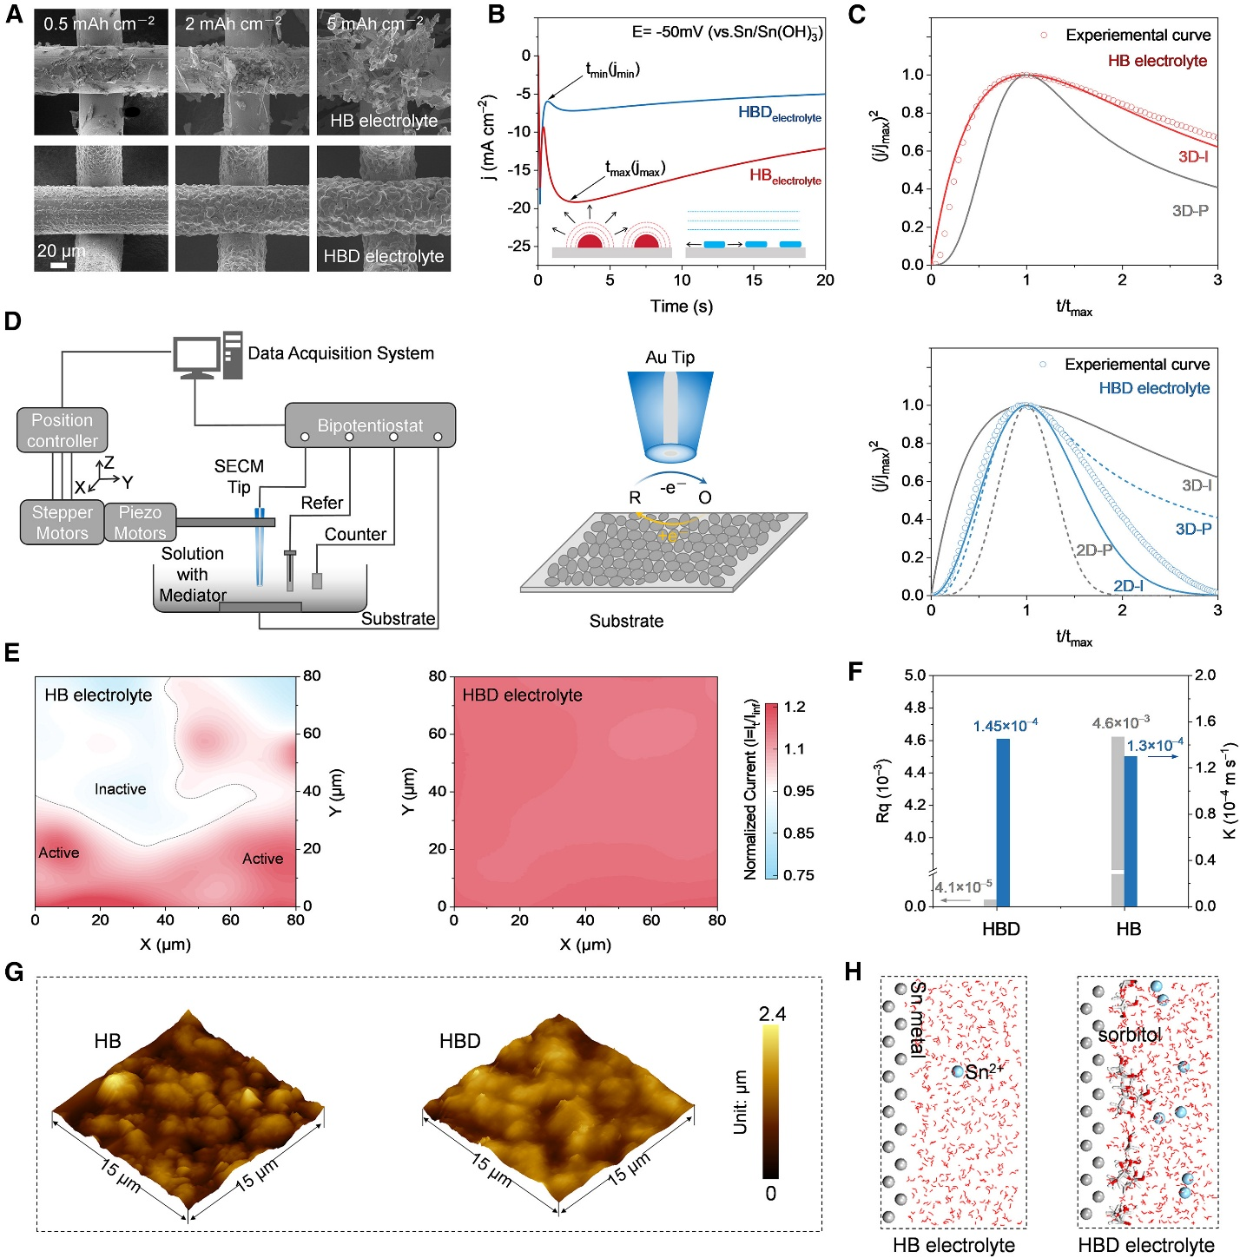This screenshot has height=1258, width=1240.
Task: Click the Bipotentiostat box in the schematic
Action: (x=370, y=425)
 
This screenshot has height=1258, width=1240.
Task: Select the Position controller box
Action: (x=62, y=431)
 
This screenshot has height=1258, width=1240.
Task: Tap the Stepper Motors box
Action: (x=62, y=523)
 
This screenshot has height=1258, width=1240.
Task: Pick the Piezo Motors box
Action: (x=140, y=523)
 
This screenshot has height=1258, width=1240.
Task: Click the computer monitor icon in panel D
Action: (x=198, y=356)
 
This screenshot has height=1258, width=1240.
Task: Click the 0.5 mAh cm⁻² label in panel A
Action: (x=99, y=23)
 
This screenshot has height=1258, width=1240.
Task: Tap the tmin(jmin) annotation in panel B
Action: (x=612, y=70)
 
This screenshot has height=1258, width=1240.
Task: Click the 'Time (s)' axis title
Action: (x=682, y=306)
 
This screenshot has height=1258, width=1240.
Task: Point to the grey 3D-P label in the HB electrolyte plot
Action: (x=1190, y=211)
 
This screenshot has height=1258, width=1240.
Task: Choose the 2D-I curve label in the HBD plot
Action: (x=1128, y=586)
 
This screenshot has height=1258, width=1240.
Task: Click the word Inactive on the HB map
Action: (x=120, y=789)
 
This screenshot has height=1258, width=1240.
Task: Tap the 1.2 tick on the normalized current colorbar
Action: (x=795, y=707)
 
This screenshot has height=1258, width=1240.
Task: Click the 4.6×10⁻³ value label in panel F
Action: (x=1120, y=722)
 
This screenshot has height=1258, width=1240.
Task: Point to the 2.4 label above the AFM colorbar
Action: (x=772, y=1014)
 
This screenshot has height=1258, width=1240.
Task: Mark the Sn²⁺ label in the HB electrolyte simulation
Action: (x=984, y=1072)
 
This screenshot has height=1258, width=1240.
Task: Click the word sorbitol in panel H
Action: (x=1129, y=1035)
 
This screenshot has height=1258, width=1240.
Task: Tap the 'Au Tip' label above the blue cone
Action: (x=669, y=358)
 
